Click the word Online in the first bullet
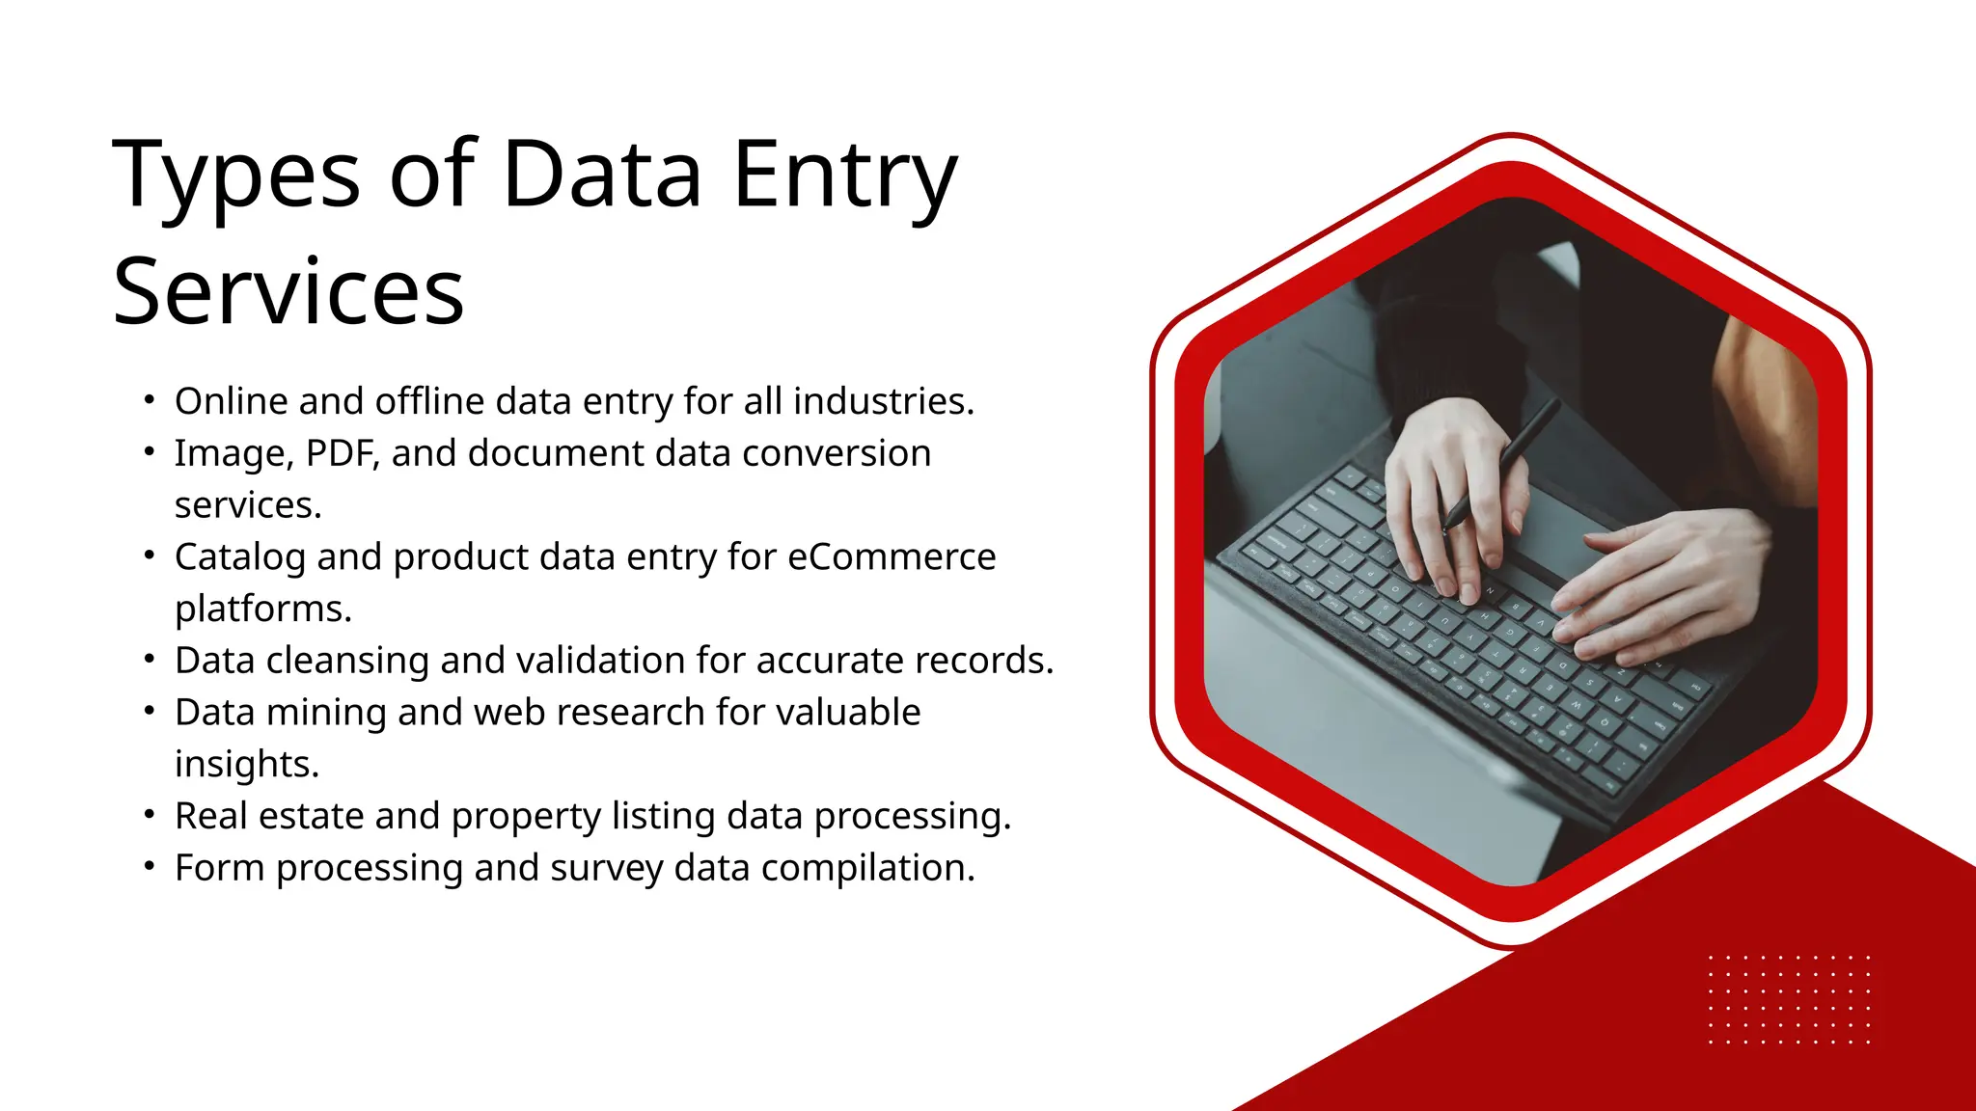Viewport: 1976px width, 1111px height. [x=231, y=401]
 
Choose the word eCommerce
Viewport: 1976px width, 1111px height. [x=892, y=557]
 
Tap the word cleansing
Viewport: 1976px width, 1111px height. [x=347, y=661]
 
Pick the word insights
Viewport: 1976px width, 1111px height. [x=246, y=765]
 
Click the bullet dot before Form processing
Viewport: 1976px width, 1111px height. [x=149, y=866]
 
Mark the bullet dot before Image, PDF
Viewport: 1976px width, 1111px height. [x=149, y=451]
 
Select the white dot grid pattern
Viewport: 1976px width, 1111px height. [x=1789, y=999]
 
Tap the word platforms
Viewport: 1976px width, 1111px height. [x=262, y=610]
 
